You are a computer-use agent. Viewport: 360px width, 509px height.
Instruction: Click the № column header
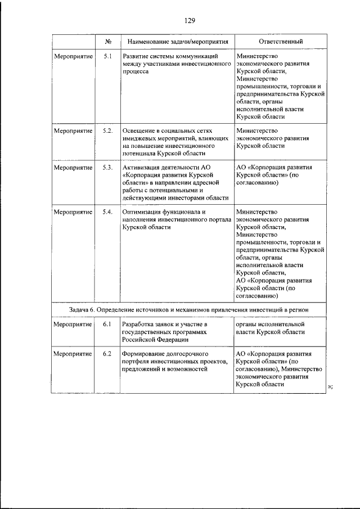click(x=108, y=42)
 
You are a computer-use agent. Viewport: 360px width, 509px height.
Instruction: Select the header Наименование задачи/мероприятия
click(x=178, y=42)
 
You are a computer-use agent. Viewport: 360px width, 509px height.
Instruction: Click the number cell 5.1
click(x=108, y=56)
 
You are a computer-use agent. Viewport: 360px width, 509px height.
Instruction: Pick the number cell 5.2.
click(x=108, y=130)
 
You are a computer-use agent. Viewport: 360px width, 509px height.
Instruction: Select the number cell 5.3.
click(x=108, y=167)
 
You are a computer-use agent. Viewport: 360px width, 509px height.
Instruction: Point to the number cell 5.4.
click(x=108, y=211)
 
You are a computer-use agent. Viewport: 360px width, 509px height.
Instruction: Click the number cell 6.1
click(x=108, y=325)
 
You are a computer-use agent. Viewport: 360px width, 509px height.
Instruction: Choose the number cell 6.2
click(x=108, y=354)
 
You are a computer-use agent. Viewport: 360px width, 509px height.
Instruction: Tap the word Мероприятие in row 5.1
click(x=73, y=56)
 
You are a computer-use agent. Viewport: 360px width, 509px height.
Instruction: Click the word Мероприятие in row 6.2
click(x=73, y=354)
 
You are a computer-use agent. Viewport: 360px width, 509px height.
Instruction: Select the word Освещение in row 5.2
click(x=141, y=130)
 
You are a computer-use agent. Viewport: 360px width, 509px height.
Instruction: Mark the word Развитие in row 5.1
click(x=138, y=56)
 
